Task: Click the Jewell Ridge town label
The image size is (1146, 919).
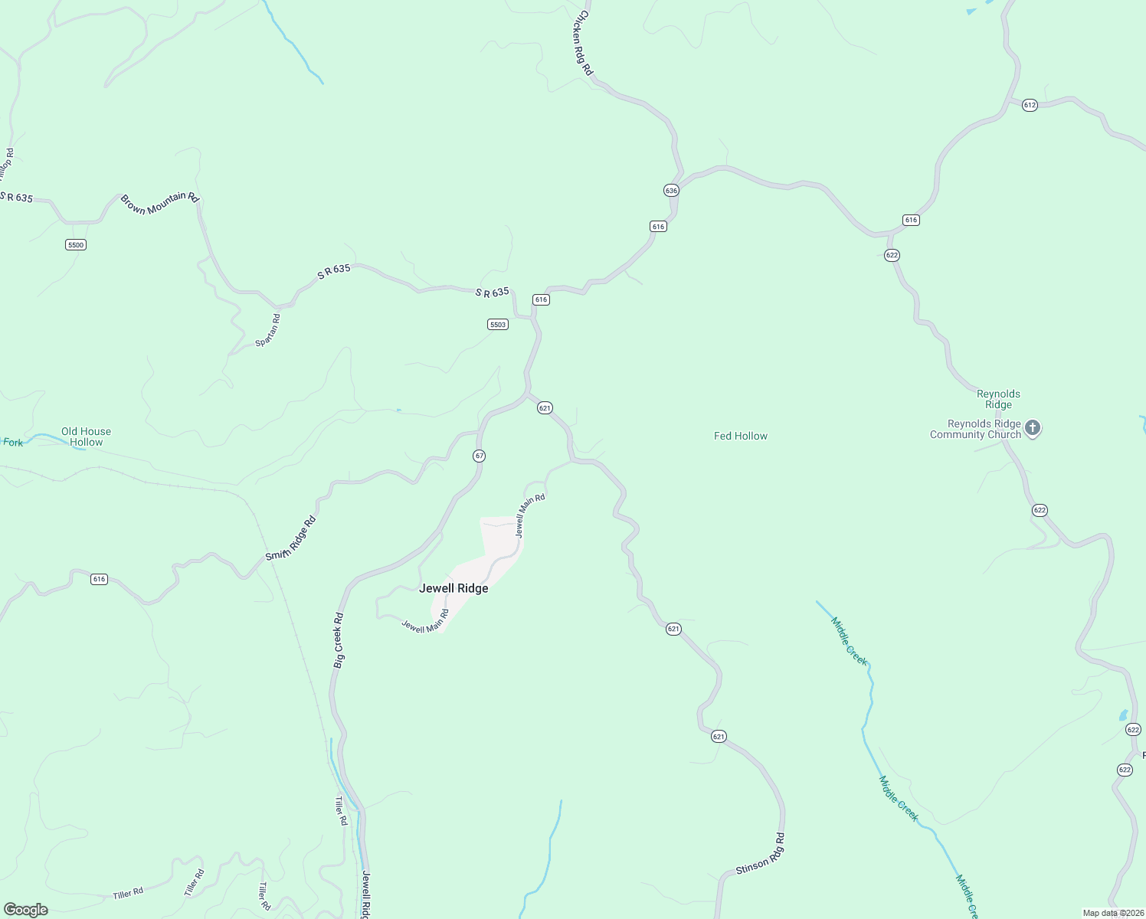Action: click(453, 588)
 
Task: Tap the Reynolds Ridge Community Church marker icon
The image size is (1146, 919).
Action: click(1033, 428)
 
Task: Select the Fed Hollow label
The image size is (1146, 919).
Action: click(740, 436)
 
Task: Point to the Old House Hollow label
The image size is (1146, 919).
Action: click(86, 437)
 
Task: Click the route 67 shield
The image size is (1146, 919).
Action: click(479, 456)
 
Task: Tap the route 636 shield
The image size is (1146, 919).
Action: click(671, 190)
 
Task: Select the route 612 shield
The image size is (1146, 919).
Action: click(1030, 105)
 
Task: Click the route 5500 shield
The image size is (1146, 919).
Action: click(76, 245)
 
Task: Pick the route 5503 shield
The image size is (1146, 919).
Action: click(498, 325)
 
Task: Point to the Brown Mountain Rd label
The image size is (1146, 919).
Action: click(159, 203)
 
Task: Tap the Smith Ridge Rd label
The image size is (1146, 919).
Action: click(291, 538)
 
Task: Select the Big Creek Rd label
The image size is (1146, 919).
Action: click(339, 640)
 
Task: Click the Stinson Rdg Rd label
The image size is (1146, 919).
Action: click(761, 854)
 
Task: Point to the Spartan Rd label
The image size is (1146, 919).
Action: click(268, 330)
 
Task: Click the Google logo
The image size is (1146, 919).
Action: click(26, 910)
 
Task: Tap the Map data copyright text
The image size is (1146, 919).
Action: click(1112, 913)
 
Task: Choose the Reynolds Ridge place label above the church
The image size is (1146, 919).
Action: click(998, 399)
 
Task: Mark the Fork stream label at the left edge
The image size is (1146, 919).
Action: click(12, 442)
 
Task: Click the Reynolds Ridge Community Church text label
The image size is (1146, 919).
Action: click(975, 429)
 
